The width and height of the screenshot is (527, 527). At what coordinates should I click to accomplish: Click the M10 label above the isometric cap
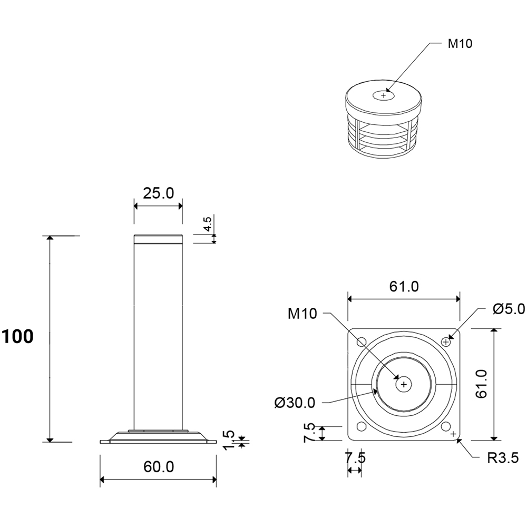coord(460,43)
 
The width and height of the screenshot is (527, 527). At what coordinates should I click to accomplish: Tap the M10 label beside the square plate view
coord(302,314)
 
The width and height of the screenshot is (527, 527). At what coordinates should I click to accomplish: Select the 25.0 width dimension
coord(158,193)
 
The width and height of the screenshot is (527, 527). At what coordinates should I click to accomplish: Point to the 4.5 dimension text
coord(207,224)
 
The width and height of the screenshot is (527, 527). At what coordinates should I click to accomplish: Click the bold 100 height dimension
coord(18,336)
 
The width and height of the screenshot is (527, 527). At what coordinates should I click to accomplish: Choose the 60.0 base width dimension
coord(159,466)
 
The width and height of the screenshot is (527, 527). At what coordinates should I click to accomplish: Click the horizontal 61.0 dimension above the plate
coord(404,286)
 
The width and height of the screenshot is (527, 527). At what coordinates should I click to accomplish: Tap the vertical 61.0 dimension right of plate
coord(481,384)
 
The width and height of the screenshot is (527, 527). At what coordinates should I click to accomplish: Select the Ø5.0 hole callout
coord(508,309)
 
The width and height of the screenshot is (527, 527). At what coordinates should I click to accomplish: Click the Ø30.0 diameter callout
coord(295,402)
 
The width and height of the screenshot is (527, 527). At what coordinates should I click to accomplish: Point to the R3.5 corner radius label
coord(503,458)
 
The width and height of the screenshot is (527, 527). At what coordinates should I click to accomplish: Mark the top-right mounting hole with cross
coord(446,342)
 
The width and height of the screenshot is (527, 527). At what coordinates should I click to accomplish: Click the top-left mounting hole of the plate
coord(362,342)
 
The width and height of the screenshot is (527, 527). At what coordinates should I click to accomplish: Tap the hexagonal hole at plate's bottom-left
coord(362,426)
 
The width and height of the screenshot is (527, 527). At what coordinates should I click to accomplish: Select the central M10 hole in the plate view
coord(404,384)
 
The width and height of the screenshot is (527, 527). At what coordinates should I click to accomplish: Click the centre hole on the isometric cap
coord(384,95)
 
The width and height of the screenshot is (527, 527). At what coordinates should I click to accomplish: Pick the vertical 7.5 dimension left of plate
coord(309,433)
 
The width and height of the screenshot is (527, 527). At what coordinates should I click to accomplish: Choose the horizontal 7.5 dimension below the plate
coord(355,457)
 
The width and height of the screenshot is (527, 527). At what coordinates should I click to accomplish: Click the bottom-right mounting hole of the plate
coord(446,426)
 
